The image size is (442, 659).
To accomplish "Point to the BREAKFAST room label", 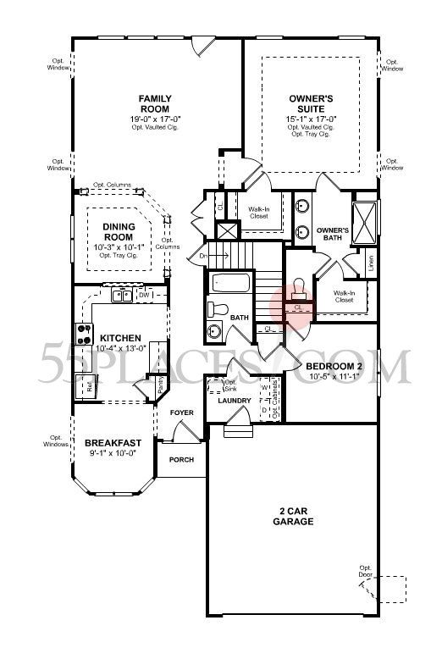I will pyautogui.click(x=110, y=442).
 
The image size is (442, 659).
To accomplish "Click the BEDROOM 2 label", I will pyautogui.click(x=334, y=366).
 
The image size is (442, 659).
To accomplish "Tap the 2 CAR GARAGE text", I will pyautogui.click(x=296, y=517).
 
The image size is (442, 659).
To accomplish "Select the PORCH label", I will pyautogui.click(x=181, y=460).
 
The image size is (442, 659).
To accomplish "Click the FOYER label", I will pyautogui.click(x=181, y=413).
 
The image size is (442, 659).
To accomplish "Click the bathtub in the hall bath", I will pyautogui.click(x=229, y=283).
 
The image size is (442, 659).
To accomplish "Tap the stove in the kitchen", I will pyautogui.click(x=85, y=334).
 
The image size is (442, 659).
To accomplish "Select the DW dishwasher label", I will pyautogui.click(x=144, y=295).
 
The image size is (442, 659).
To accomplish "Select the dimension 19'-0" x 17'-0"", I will pyautogui.click(x=155, y=119).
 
